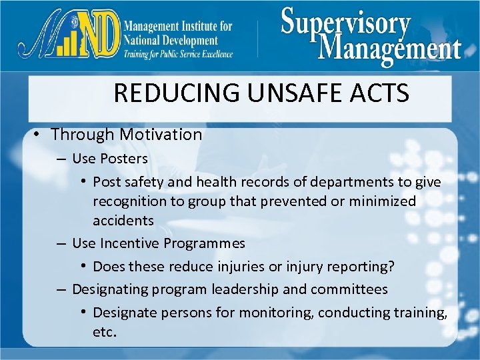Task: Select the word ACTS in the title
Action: tap(378, 93)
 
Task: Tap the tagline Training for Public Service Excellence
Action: tap(177, 54)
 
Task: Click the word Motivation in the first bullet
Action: tap(160, 134)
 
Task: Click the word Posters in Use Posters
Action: tap(124, 159)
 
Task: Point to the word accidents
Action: tap(123, 220)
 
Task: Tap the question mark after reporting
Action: tap(391, 267)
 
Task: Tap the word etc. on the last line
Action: tap(105, 331)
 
